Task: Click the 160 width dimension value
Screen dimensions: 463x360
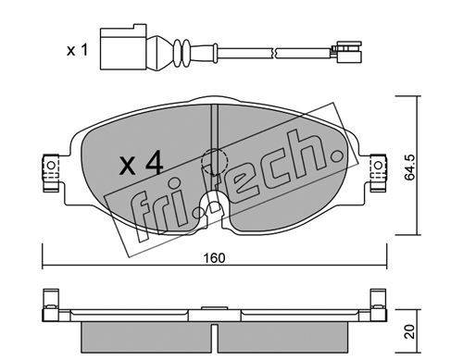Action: pos(214,258)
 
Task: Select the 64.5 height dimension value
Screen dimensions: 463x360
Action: pos(410,168)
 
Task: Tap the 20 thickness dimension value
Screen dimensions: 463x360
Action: pos(410,331)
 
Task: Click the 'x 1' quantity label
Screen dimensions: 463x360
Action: pos(77,50)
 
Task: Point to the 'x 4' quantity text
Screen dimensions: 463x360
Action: pos(142,165)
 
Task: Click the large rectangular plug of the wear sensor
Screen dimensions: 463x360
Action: pos(122,47)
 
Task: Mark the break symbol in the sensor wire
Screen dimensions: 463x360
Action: pos(274,53)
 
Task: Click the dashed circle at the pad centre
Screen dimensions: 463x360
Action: pos(214,161)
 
